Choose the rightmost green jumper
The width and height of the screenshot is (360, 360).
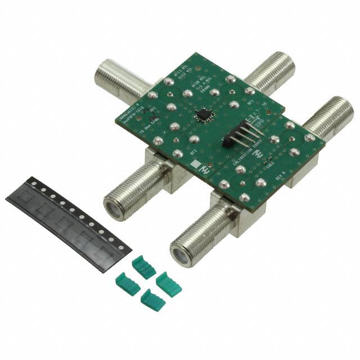click(x=168, y=283)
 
